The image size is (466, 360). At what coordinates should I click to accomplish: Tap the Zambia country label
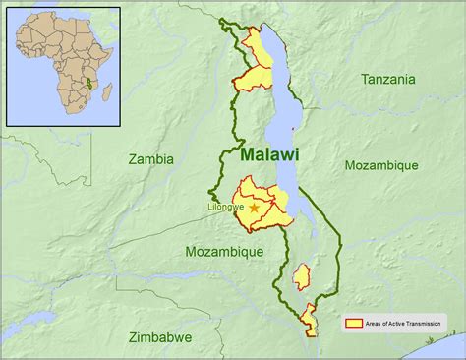(150, 157)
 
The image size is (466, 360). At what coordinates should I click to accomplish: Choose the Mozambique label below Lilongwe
(224, 252)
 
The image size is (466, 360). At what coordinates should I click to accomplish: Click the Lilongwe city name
(226, 208)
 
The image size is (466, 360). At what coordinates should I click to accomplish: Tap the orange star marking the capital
(256, 209)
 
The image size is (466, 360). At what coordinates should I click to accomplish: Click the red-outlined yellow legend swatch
(353, 322)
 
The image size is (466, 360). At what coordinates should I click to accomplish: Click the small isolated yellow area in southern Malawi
(303, 276)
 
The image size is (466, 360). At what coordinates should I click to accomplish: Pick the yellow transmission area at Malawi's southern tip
(309, 320)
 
